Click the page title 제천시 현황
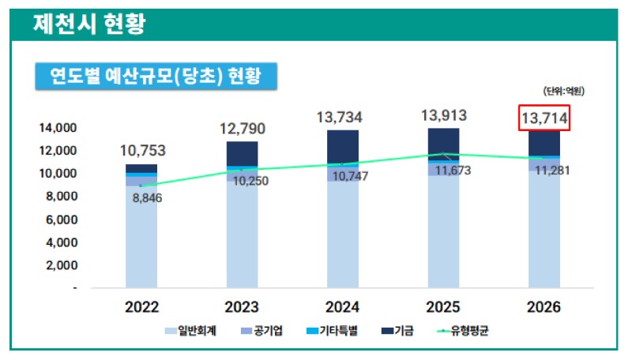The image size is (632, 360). (88, 24)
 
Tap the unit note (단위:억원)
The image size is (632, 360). (563, 92)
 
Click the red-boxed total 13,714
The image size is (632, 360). (544, 118)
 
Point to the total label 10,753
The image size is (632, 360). (143, 151)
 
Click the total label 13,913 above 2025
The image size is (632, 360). (443, 116)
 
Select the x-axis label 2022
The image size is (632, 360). (141, 307)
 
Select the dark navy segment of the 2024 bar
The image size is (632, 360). (342, 146)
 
